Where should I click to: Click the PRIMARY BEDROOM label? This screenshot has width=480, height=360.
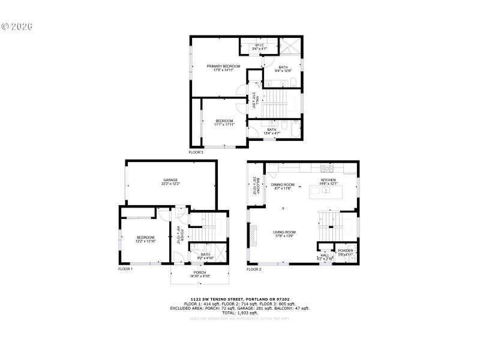coord(223,66)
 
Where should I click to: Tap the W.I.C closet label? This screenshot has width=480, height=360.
coord(259,45)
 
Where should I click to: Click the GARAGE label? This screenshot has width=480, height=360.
coord(170,179)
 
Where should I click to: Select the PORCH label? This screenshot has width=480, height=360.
coord(200,273)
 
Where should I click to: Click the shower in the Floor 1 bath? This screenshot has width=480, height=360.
coord(219,251)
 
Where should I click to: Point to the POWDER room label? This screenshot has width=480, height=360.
coord(345,251)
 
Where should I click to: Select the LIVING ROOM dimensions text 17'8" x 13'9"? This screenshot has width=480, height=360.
coord(284,236)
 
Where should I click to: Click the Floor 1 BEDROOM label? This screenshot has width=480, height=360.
coord(145,238)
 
